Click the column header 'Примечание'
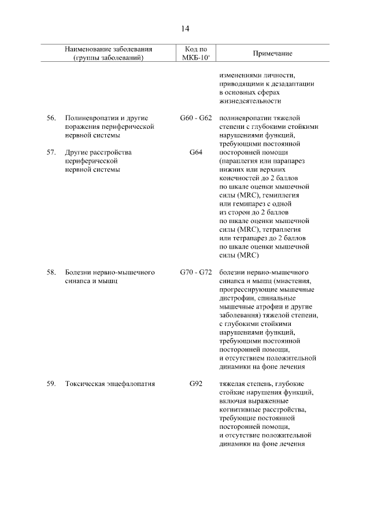pos(272,53)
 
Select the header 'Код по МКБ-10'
pos(195,53)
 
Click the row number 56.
pos(51,118)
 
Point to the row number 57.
pos(51,153)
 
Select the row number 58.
pos(51,271)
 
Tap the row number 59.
pos(51,383)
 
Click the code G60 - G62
pos(195,118)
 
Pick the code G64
pos(195,153)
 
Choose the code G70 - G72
pos(195,271)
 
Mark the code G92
pos(195,383)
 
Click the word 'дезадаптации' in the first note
pos(293,83)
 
